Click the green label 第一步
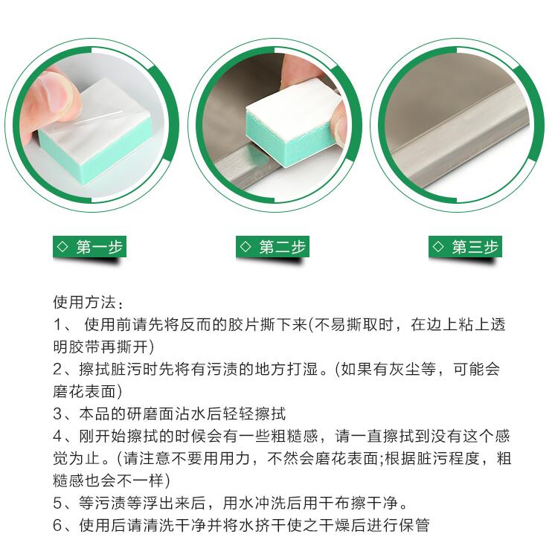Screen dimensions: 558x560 click(x=90, y=246)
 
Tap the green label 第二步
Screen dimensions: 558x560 click(x=272, y=246)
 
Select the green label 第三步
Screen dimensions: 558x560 click(x=466, y=246)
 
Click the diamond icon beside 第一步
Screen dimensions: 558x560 click(x=62, y=246)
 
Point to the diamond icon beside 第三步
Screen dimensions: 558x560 click(x=438, y=246)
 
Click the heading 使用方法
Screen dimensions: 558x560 click(x=84, y=302)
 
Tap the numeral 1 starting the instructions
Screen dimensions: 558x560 click(x=58, y=325)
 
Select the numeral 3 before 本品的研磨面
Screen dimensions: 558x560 click(x=58, y=414)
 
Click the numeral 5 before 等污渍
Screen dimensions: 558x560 click(x=58, y=503)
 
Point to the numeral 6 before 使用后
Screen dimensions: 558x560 click(x=58, y=525)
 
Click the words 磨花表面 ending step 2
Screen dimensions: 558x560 click(x=84, y=392)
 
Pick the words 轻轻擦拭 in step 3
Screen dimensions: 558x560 click(x=254, y=414)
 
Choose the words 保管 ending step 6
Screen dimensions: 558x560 click(x=414, y=525)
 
